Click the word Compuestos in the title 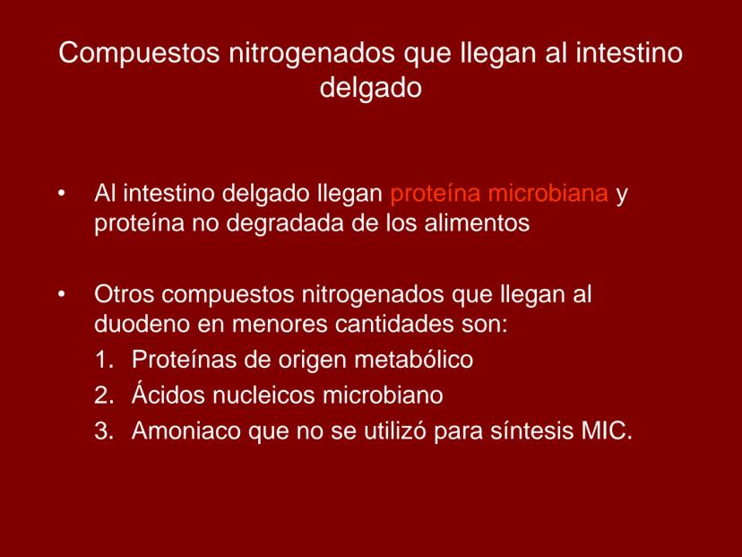pyautogui.click(x=139, y=54)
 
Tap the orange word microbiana pyautogui.click(x=548, y=193)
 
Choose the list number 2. pyautogui.click(x=104, y=395)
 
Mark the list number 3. pyautogui.click(x=104, y=431)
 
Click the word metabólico pyautogui.click(x=414, y=359)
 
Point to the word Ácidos pyautogui.click(x=168, y=393)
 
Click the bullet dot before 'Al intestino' pyautogui.click(x=62, y=193)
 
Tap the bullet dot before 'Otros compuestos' pyautogui.click(x=62, y=294)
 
